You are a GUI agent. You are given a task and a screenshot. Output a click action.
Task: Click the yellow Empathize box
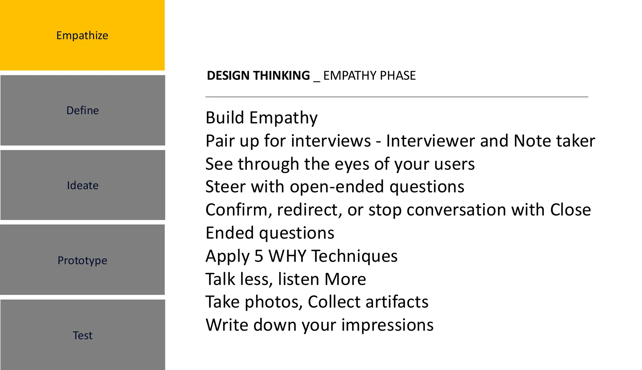pos(82,35)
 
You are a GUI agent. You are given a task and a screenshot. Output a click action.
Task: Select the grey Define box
pos(82,110)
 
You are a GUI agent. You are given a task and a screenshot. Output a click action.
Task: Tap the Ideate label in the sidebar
pos(83,185)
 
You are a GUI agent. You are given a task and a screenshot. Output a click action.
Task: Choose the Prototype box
pos(82,260)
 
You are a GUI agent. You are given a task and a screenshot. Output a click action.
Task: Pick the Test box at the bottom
pos(82,335)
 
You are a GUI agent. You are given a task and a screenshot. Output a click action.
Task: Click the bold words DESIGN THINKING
pos(258,76)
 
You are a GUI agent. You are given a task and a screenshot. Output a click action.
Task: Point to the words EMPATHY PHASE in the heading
pos(369,76)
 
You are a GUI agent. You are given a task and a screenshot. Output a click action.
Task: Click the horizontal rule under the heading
pos(397,97)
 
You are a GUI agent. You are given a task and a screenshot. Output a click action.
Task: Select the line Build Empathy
pos(261,118)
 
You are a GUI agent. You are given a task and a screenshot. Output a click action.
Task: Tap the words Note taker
pos(554,141)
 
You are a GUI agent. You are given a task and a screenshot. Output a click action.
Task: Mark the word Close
pos(571,210)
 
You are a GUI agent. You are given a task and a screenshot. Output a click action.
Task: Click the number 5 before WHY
pos(259,256)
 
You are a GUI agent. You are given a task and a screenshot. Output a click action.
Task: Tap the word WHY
pos(287,256)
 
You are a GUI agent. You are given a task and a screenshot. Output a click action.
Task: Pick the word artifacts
pos(397,302)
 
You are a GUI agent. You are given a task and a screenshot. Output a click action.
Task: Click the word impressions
pos(387,325)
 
